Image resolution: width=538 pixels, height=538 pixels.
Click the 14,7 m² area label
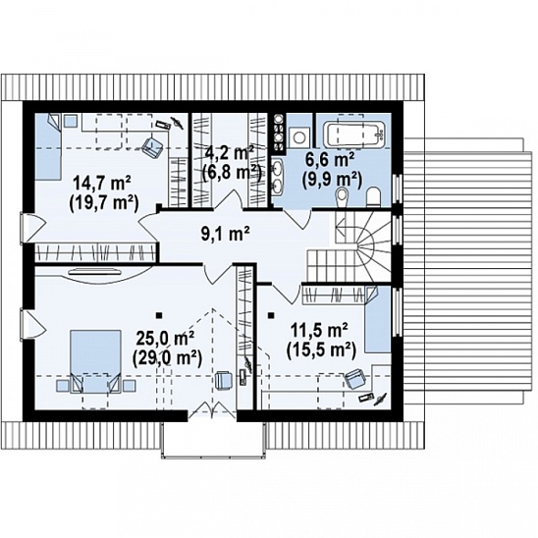tap(102, 183)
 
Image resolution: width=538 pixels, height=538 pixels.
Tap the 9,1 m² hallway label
tap(225, 234)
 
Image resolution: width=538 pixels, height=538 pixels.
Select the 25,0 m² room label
tap(166, 339)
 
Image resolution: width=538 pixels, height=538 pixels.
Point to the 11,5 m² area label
tap(319, 331)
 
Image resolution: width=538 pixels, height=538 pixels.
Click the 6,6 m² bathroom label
tap(330, 160)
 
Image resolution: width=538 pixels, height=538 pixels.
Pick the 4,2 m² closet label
tap(228, 152)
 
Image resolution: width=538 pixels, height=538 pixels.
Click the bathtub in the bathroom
tap(356, 134)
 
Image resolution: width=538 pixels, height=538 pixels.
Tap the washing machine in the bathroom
tap(298, 135)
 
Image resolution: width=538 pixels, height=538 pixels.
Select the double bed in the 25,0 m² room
tap(96, 361)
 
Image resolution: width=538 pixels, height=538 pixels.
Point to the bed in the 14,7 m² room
tap(48, 147)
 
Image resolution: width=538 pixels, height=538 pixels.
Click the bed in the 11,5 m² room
tap(378, 320)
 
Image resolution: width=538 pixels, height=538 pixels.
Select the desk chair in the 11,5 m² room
tap(355, 379)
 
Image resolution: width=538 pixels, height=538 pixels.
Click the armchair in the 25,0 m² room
tap(225, 381)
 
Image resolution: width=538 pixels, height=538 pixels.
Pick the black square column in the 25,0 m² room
tap(158, 315)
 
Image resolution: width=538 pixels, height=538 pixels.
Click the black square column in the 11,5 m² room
tap(271, 315)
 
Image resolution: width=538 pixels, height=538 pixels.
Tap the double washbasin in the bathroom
tap(277, 175)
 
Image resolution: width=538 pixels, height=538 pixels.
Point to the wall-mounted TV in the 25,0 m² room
tap(95, 272)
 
